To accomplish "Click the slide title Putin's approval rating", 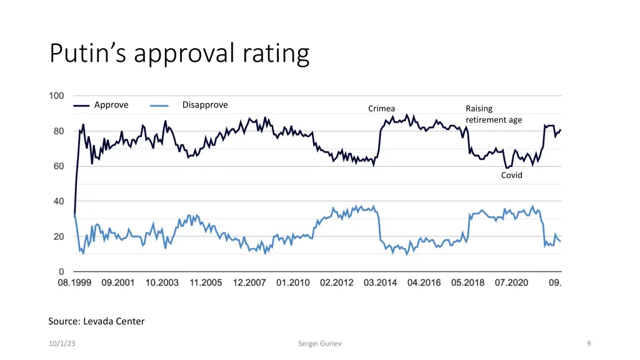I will (x=179, y=54).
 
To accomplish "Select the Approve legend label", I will (x=111, y=105).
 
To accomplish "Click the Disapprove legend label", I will (x=205, y=105).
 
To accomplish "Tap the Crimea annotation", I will (x=381, y=109).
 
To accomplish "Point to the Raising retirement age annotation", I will (x=493, y=114).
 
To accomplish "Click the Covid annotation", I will (x=511, y=176).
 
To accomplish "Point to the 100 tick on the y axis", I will (x=56, y=96).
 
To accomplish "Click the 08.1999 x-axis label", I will (x=74, y=282).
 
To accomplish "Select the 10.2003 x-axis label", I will (x=162, y=282).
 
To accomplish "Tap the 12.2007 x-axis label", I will (x=249, y=282).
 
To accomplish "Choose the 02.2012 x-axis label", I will (x=336, y=282).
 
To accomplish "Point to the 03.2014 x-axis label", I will (x=380, y=282).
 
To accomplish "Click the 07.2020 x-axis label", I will (x=511, y=282).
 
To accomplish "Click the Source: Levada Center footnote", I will (x=96, y=321).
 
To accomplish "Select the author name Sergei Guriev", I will (x=320, y=344).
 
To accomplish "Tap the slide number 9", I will (x=589, y=344).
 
